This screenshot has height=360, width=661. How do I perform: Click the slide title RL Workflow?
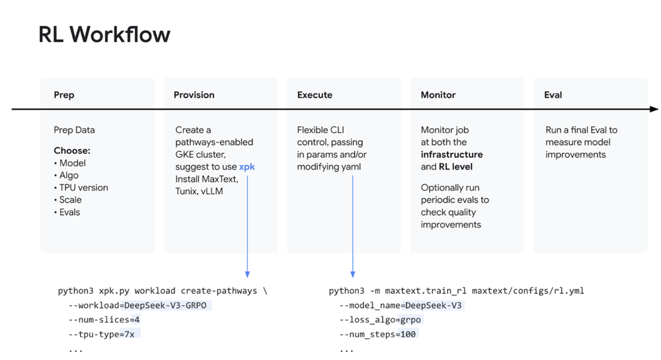[x=104, y=34]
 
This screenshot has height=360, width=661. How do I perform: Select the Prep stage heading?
[x=64, y=95]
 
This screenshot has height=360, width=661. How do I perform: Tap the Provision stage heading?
[x=194, y=95]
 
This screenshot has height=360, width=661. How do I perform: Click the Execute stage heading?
[x=315, y=95]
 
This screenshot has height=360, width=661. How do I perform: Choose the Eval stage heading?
[x=553, y=95]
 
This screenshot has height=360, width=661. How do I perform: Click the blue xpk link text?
[x=247, y=167]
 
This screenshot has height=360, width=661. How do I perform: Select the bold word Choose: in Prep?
[x=72, y=151]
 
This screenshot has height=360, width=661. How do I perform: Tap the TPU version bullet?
[x=84, y=188]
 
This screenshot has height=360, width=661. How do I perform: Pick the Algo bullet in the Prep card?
[x=68, y=175]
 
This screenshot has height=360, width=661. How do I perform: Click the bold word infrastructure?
[x=451, y=155]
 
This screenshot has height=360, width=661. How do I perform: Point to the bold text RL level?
[x=455, y=167]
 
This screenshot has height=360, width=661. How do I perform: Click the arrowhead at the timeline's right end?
[x=654, y=109]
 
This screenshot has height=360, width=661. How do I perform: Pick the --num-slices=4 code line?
[x=104, y=320]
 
